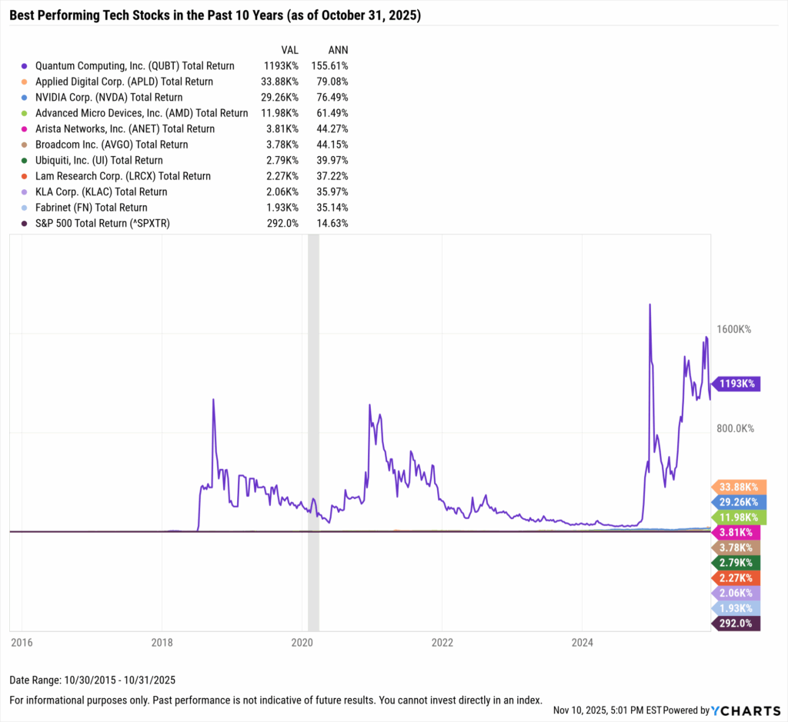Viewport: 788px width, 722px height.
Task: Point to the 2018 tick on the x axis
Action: tap(162, 640)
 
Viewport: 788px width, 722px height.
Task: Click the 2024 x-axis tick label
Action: tap(583, 640)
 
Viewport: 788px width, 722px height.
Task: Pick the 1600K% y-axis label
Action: tap(733, 329)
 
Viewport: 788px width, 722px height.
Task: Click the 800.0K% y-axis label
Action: tap(733, 428)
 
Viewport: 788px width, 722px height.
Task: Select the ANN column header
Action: tap(338, 50)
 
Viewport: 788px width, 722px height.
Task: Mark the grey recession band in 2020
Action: tap(313, 431)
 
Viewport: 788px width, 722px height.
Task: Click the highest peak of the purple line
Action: tap(650, 304)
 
